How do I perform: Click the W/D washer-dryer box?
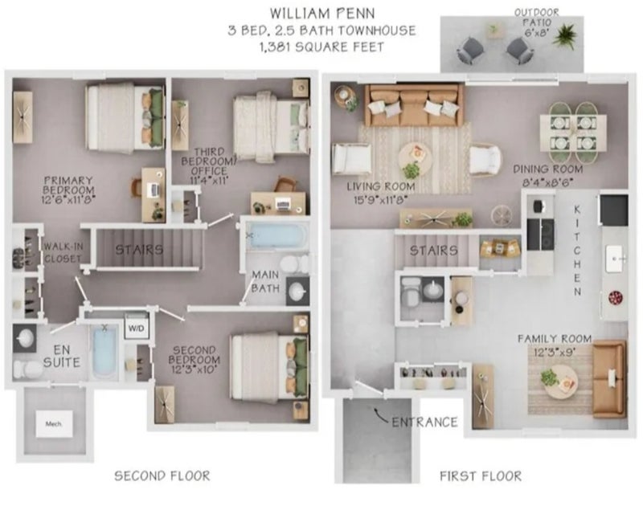tap(136, 328)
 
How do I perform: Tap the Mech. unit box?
tap(54, 423)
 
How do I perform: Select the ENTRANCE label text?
tap(424, 422)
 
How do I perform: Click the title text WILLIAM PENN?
tap(322, 14)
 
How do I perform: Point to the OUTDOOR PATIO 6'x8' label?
tap(536, 23)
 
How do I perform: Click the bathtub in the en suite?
tap(105, 353)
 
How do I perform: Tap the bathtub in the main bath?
tap(276, 235)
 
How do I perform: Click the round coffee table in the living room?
tap(415, 159)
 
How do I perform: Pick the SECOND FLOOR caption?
tap(162, 475)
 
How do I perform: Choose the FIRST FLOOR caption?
tap(481, 476)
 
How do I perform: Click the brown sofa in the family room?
tap(609, 379)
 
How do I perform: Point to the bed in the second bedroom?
tap(269, 367)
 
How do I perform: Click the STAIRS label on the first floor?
tap(433, 251)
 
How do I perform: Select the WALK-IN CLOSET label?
tap(63, 253)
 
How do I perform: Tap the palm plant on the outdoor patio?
tap(564, 35)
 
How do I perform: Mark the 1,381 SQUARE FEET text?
tap(322, 47)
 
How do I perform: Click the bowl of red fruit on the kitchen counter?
tap(616, 297)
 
